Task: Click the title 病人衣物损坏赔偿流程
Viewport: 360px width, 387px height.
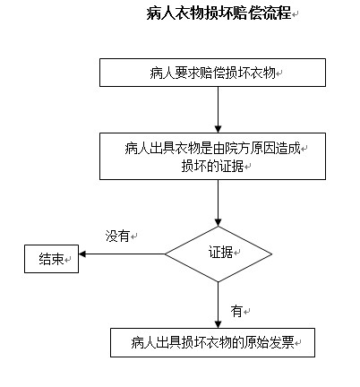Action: (219, 13)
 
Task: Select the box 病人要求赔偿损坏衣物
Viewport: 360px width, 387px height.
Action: (212, 73)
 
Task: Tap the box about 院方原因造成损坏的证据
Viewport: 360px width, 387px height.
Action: (212, 156)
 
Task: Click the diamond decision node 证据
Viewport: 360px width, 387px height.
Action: (219, 254)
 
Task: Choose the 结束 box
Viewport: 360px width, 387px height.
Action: (51, 259)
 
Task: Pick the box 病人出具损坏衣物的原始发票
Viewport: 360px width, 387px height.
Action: (212, 342)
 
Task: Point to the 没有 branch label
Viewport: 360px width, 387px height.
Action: (117, 236)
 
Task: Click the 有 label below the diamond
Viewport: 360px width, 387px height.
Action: (236, 312)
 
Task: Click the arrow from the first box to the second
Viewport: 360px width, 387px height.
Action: (219, 110)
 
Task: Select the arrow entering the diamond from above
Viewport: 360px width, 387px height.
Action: (219, 203)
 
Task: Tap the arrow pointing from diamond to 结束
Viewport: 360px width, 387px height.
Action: (122, 254)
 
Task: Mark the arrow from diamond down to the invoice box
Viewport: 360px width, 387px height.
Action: (219, 305)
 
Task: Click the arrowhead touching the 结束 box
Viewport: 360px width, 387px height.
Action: (82, 254)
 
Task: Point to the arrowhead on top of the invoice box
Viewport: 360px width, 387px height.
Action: (219, 324)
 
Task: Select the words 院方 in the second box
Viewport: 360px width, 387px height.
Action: (231, 148)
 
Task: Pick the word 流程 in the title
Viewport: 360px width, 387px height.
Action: (277, 13)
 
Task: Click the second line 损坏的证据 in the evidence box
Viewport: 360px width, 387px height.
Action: (212, 166)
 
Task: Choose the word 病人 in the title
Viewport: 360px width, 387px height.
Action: (161, 13)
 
